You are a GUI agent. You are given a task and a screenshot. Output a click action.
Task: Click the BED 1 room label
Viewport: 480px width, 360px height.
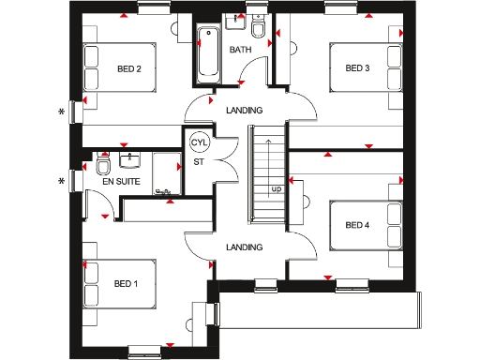point(127,283)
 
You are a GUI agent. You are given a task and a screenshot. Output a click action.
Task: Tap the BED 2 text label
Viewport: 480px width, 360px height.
point(129,68)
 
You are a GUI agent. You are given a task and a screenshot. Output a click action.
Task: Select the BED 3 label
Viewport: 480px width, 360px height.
point(357,67)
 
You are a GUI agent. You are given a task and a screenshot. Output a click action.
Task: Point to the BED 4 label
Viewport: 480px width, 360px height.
point(357,224)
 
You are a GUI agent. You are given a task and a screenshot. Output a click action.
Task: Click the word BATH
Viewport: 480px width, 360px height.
point(241,50)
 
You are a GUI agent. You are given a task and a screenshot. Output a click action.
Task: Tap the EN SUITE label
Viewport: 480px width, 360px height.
point(122,182)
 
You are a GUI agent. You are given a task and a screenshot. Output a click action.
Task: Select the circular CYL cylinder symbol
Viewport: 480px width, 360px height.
point(199,143)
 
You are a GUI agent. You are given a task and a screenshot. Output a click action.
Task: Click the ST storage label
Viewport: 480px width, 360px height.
point(199,162)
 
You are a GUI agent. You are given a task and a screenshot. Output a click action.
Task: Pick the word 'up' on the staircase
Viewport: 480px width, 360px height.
point(277,188)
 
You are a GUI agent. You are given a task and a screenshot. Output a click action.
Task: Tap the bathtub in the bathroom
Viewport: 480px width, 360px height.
point(208,52)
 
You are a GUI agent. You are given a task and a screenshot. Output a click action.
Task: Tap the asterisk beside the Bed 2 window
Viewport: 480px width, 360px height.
point(62,112)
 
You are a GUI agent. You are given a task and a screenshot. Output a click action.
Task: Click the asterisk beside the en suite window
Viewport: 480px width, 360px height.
point(62,181)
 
